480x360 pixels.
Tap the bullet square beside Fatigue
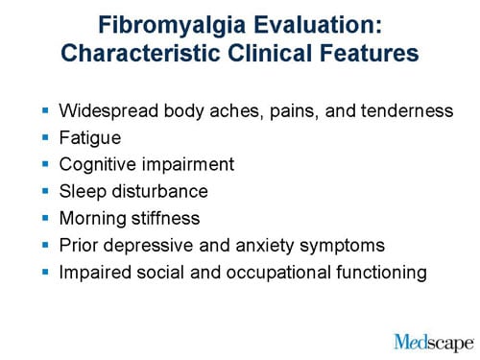coord(44,137)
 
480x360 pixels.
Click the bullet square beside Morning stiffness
coord(44,218)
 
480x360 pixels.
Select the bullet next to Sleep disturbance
coord(44,191)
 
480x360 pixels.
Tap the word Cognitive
coord(99,165)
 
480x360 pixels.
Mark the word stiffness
coord(164,219)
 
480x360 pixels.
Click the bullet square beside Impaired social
coord(44,272)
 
